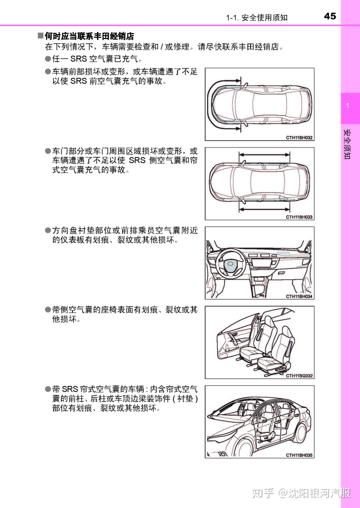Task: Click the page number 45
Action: point(330,16)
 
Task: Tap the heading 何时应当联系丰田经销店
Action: point(89,36)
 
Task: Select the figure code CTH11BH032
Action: point(299,137)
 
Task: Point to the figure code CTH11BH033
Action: point(299,217)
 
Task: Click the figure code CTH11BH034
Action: point(299,296)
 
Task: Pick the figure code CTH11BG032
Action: point(299,375)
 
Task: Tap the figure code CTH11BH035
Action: point(299,455)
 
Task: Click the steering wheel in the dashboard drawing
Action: point(231,264)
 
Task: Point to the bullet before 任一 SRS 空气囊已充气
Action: point(48,59)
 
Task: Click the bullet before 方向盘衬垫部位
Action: point(48,230)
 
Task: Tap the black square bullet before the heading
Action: point(40,36)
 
